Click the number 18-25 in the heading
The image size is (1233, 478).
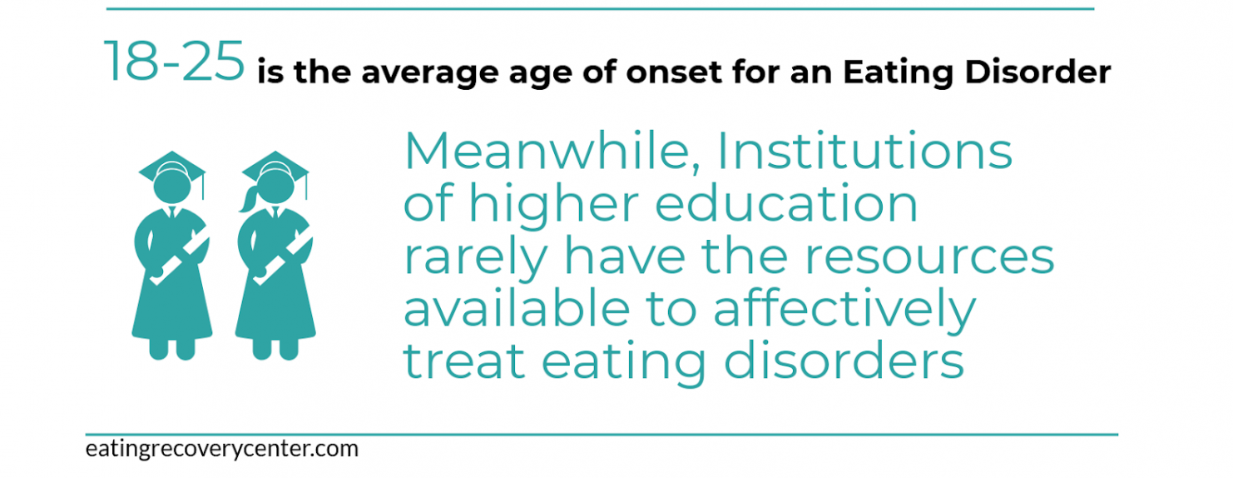click(x=174, y=61)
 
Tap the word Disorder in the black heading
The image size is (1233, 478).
click(x=1037, y=72)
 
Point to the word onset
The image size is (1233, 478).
click(x=674, y=73)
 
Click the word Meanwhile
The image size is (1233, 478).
click(x=552, y=151)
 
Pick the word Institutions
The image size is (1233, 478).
click(x=864, y=151)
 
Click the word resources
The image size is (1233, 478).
click(x=929, y=257)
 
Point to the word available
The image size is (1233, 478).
click(x=517, y=308)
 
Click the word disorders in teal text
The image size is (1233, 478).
click(x=844, y=361)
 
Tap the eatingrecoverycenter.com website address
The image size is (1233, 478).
click(x=222, y=449)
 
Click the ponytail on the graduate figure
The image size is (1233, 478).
click(x=248, y=199)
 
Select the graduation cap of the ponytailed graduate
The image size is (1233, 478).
click(x=275, y=167)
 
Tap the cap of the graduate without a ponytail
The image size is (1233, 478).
click(x=172, y=167)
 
